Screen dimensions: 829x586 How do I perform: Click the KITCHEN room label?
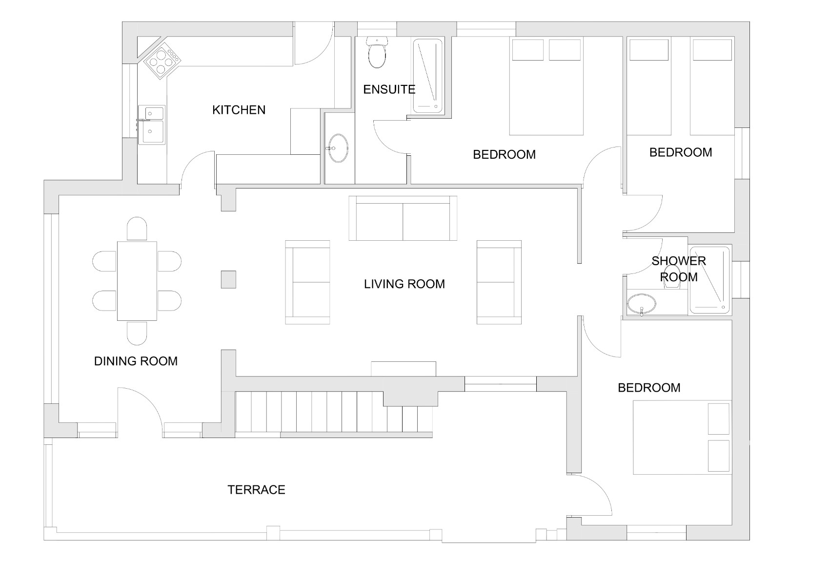pyautogui.click(x=239, y=110)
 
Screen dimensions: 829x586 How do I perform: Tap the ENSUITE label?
pyautogui.click(x=389, y=89)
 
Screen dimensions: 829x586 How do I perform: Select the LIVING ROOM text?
pyautogui.click(x=404, y=284)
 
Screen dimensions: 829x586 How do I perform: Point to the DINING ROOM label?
pyautogui.click(x=136, y=361)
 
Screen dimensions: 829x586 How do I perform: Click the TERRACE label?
pyautogui.click(x=256, y=490)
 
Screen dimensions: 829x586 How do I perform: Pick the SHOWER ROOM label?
pyautogui.click(x=679, y=269)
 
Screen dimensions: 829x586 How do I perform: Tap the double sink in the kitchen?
pyautogui.click(x=152, y=125)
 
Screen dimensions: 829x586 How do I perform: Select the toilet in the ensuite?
pyautogui.click(x=377, y=52)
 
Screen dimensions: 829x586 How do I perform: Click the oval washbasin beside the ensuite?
pyautogui.click(x=338, y=148)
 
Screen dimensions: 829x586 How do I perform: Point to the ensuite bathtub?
pyautogui.click(x=427, y=76)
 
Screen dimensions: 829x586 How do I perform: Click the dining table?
pyautogui.click(x=137, y=281)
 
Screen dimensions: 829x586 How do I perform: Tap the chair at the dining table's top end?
pyautogui.click(x=137, y=229)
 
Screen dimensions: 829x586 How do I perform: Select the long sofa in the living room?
pyautogui.click(x=403, y=218)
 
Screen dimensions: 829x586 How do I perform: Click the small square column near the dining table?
pyautogui.click(x=228, y=279)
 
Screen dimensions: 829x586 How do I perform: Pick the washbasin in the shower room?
pyautogui.click(x=641, y=305)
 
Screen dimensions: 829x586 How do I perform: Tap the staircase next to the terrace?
pyautogui.click(x=334, y=412)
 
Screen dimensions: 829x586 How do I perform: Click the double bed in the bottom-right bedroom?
pyautogui.click(x=682, y=438)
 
